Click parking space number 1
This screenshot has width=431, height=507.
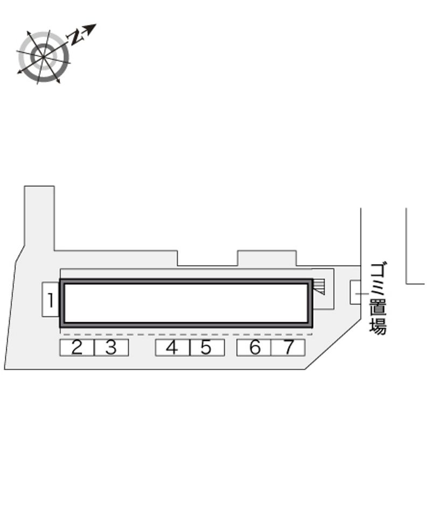point(51,300)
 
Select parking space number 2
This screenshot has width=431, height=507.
point(77,348)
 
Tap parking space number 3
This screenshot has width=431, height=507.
point(111,348)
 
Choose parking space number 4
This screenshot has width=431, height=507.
point(172,348)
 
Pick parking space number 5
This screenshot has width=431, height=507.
point(207,348)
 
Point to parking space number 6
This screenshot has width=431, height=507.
point(254,348)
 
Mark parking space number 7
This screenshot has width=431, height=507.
point(288,348)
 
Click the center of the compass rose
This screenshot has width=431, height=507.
point(43,57)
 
